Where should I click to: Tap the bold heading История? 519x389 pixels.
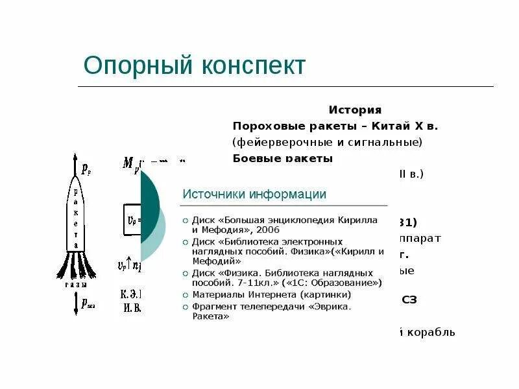(355, 110)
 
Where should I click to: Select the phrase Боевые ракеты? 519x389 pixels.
(282, 158)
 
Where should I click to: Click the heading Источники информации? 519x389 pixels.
(254, 194)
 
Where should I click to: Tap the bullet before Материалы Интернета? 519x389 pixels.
(185, 295)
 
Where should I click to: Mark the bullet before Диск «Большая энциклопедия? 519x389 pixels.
(185, 220)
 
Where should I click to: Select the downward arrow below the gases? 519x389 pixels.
(76, 304)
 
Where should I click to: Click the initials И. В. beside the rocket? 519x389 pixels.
(132, 308)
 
